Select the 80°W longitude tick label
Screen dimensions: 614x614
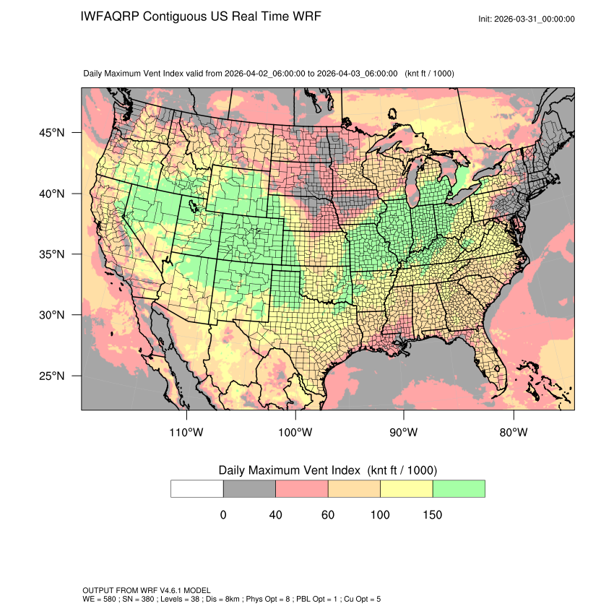(x=514, y=433)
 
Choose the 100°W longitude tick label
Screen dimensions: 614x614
(x=295, y=433)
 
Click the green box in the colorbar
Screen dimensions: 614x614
(x=459, y=488)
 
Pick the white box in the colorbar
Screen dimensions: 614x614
(x=197, y=488)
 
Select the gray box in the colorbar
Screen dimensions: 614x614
(x=249, y=488)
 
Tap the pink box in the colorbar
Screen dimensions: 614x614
(x=302, y=488)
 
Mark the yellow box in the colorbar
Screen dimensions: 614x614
(x=406, y=488)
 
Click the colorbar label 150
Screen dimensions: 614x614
(x=432, y=515)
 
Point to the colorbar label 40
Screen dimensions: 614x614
(x=275, y=515)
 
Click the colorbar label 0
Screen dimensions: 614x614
(x=223, y=515)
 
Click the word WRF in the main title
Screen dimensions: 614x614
(x=306, y=17)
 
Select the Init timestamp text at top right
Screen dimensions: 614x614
(x=527, y=19)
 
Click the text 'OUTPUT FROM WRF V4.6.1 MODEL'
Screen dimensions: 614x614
(x=147, y=591)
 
